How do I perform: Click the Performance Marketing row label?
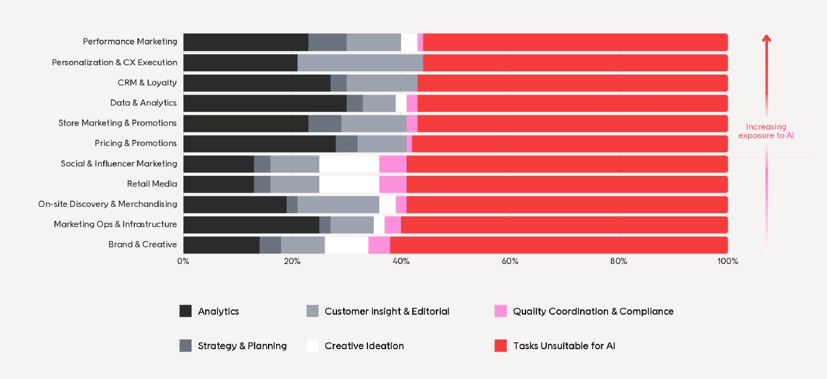[130, 42]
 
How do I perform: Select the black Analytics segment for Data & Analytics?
[265, 103]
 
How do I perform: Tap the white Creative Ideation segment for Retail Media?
[349, 184]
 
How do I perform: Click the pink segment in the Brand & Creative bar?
[379, 245]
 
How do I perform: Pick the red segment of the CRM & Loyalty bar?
[572, 83]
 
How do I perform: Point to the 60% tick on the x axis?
[510, 261]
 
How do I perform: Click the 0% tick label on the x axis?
[183, 261]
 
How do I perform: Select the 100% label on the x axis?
[728, 261]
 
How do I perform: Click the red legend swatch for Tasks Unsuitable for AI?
[501, 346]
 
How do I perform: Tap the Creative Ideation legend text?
[364, 346]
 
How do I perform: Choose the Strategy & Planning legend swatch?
[185, 346]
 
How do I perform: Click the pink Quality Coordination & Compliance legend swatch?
[501, 311]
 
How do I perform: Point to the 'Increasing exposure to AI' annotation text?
[766, 131]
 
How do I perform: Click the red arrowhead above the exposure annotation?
[767, 39]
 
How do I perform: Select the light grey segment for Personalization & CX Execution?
[360, 63]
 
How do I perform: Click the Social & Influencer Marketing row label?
[119, 164]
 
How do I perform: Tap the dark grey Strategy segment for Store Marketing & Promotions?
[325, 123]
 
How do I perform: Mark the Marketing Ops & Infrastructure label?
[115, 224]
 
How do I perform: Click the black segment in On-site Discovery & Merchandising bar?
[235, 204]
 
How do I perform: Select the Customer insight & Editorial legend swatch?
[313, 311]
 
